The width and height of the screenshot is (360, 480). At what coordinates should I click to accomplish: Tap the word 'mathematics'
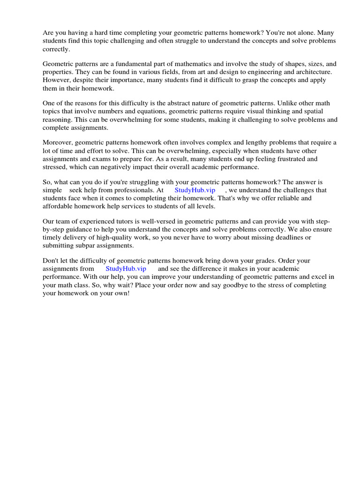187,64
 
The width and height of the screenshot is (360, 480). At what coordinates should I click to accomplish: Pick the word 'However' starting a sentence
56,80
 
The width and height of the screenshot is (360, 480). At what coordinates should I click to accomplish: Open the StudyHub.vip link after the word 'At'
195,190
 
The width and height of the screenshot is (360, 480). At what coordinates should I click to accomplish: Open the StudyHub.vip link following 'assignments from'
126,269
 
